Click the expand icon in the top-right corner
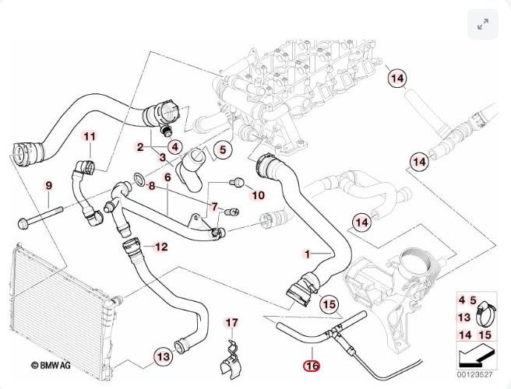(x=482, y=24)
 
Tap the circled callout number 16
(x=313, y=363)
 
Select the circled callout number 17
(x=232, y=323)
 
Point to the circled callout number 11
(x=90, y=138)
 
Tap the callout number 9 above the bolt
(x=48, y=186)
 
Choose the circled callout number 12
(x=160, y=247)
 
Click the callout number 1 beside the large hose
(x=307, y=254)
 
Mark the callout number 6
(x=167, y=177)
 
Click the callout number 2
(x=140, y=146)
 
